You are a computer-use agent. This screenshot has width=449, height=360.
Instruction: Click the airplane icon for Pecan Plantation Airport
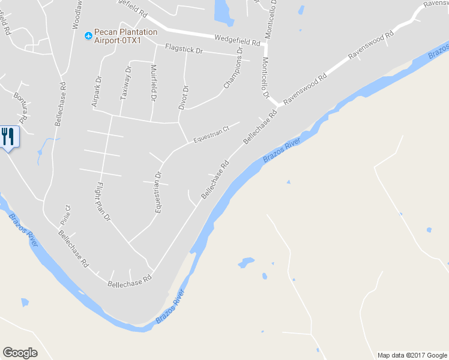click(88, 36)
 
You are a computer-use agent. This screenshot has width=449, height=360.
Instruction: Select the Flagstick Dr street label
click(184, 50)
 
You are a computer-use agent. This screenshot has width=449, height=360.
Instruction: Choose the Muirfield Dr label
click(154, 82)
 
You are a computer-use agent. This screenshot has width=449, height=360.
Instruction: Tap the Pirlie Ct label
click(67, 213)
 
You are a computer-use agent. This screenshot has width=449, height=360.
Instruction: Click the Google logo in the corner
click(20, 353)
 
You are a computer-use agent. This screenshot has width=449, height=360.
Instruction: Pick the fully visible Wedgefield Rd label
click(238, 41)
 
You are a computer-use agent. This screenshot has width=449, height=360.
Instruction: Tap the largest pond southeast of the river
click(246, 262)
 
